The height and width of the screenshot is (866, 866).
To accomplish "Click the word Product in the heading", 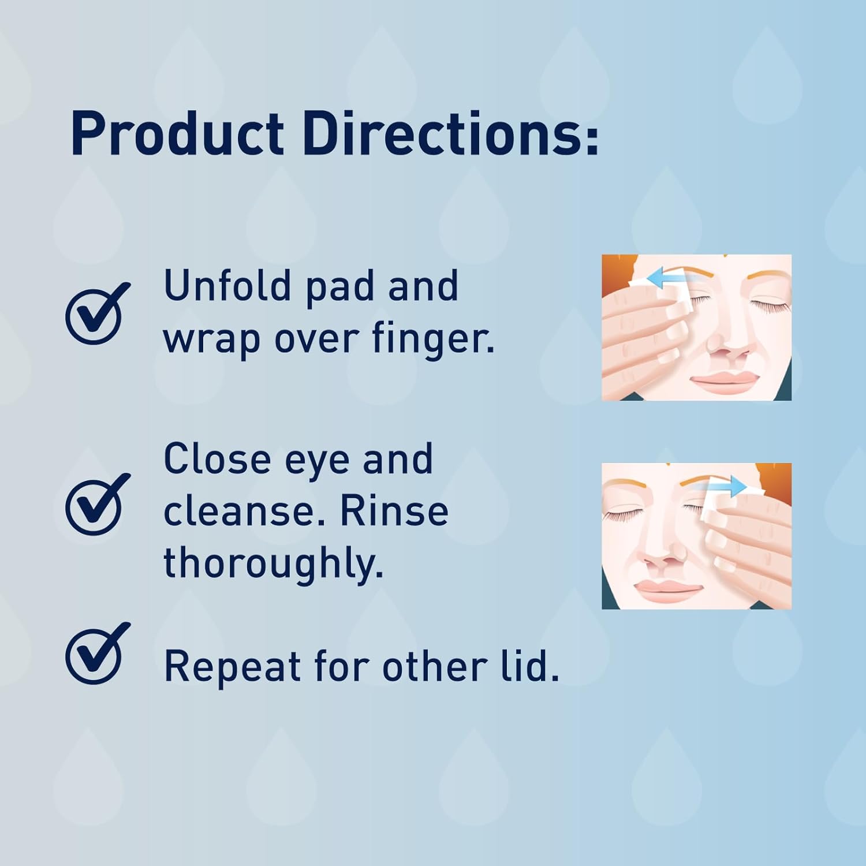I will (x=177, y=135).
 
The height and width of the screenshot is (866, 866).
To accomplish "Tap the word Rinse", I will (x=394, y=512).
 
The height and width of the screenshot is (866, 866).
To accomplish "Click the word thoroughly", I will (x=274, y=563).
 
